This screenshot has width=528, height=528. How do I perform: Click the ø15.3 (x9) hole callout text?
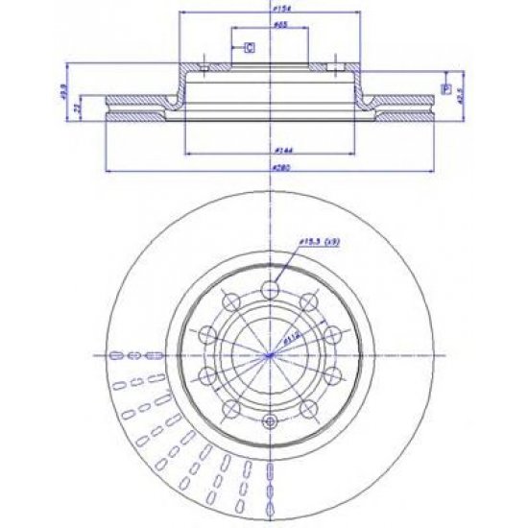coord(317,243)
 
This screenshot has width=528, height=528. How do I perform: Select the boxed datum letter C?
coord(248,46)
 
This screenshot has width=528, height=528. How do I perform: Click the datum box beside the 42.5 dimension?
coord(444,88)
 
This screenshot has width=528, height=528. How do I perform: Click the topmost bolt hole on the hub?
coord(270,287)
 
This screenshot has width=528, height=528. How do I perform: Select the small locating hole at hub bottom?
coord(270,422)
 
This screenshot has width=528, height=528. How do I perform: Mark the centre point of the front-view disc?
coord(270,355)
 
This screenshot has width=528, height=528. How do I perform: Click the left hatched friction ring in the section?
coord(134,107)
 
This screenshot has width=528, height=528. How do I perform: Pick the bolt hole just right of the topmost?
coord(309,300)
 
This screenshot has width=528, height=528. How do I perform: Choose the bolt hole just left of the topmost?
coord(229,300)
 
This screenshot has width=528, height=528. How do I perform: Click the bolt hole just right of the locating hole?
coord(309,409)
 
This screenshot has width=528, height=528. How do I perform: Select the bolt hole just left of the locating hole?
coord(230,409)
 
